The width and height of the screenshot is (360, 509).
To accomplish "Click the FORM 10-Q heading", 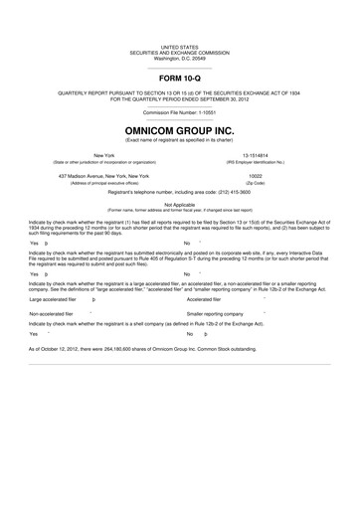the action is pyautogui.click(x=179, y=78).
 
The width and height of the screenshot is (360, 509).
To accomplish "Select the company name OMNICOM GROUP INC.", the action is pyautogui.click(x=179, y=130).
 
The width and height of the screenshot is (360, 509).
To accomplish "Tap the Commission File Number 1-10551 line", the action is pyautogui.click(x=179, y=112).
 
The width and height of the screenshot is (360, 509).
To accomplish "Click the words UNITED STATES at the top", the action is pyautogui.click(x=179, y=46).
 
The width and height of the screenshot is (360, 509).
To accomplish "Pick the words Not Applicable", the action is pyautogui.click(x=179, y=204).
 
